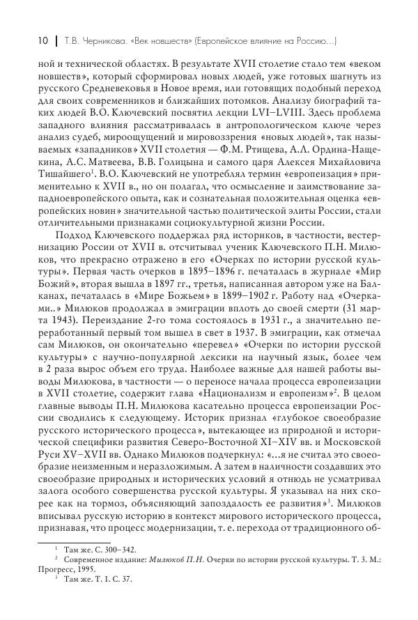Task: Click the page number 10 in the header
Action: tap(33, 40)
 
